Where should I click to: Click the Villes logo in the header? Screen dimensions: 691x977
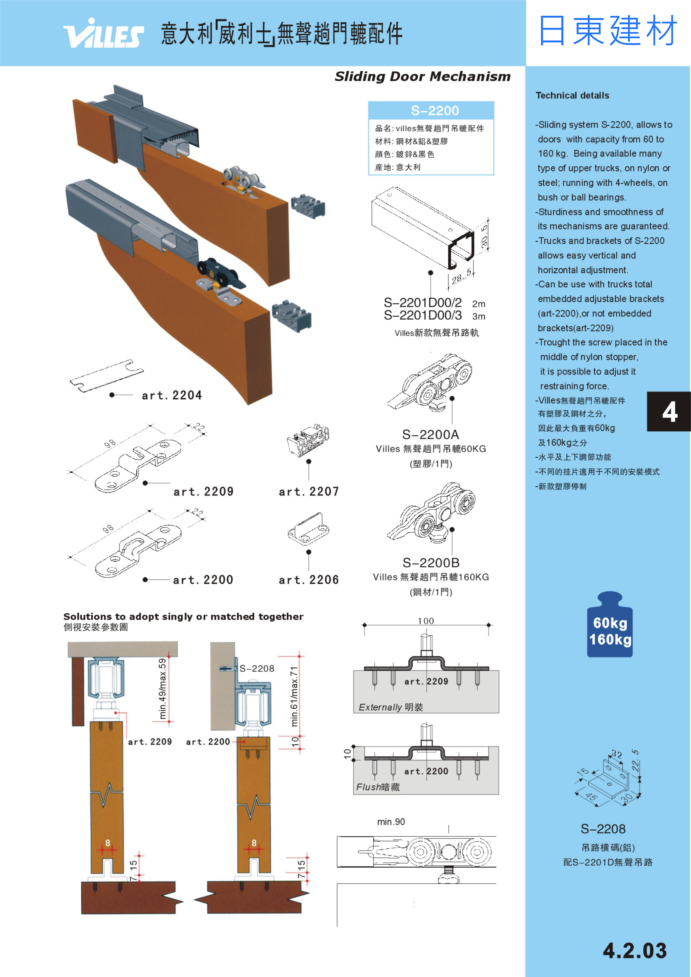tap(103, 34)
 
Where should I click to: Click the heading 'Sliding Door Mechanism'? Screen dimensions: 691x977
tap(422, 77)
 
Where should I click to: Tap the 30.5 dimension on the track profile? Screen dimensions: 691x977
tap(485, 237)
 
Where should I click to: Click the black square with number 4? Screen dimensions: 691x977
tap(669, 412)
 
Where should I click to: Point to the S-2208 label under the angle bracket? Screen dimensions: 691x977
tap(603, 829)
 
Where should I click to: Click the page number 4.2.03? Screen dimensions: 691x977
tap(634, 951)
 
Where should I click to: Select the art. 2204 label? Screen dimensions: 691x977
tap(172, 396)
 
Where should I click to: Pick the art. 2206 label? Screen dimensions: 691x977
tap(309, 580)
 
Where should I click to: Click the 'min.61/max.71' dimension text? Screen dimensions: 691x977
tap(294, 696)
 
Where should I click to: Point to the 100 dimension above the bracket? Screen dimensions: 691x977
tap(426, 621)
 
